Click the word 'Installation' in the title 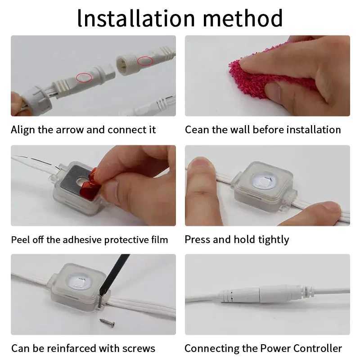pos(136,18)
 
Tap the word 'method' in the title pos(243,18)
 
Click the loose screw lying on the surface pos(107,322)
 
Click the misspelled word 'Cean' pos(197,130)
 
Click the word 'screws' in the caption pos(139,349)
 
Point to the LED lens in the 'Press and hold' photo pos(264,180)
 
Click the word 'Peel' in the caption pos(20,240)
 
